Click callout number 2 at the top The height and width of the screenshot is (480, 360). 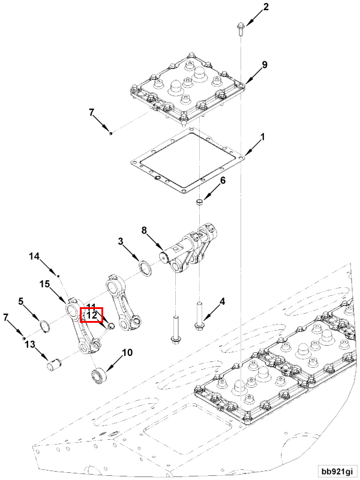click(266, 7)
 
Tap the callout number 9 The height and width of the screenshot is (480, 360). click(265, 65)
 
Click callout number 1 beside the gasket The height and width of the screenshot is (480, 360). click(262, 137)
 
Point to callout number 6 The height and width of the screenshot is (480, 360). click(223, 181)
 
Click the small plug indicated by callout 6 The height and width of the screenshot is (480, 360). click(200, 202)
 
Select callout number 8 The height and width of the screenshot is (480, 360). click(145, 230)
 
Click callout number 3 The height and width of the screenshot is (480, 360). click(121, 241)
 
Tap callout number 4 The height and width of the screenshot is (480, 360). click(222, 302)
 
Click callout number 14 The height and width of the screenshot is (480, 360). click(35, 256)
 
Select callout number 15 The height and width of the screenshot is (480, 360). click(44, 284)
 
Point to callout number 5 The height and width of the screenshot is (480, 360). click(20, 302)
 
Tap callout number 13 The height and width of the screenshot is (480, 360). click(31, 344)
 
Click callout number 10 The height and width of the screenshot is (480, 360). click(128, 352)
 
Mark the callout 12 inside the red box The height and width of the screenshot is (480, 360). click(92, 316)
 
